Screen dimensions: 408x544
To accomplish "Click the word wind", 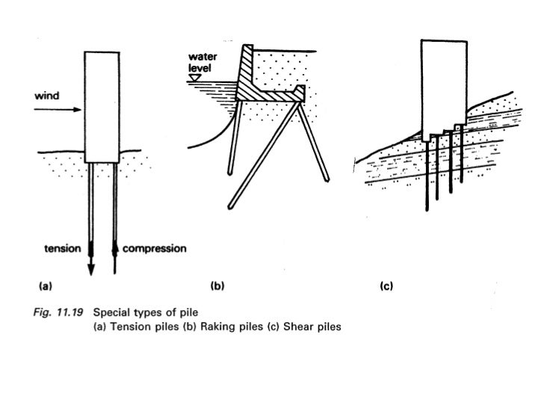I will [47, 96].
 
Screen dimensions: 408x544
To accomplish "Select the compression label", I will [153, 248].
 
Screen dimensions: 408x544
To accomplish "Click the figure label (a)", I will [45, 285].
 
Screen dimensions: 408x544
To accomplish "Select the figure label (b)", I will [217, 285].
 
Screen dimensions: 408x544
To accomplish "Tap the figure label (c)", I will [387, 285].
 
